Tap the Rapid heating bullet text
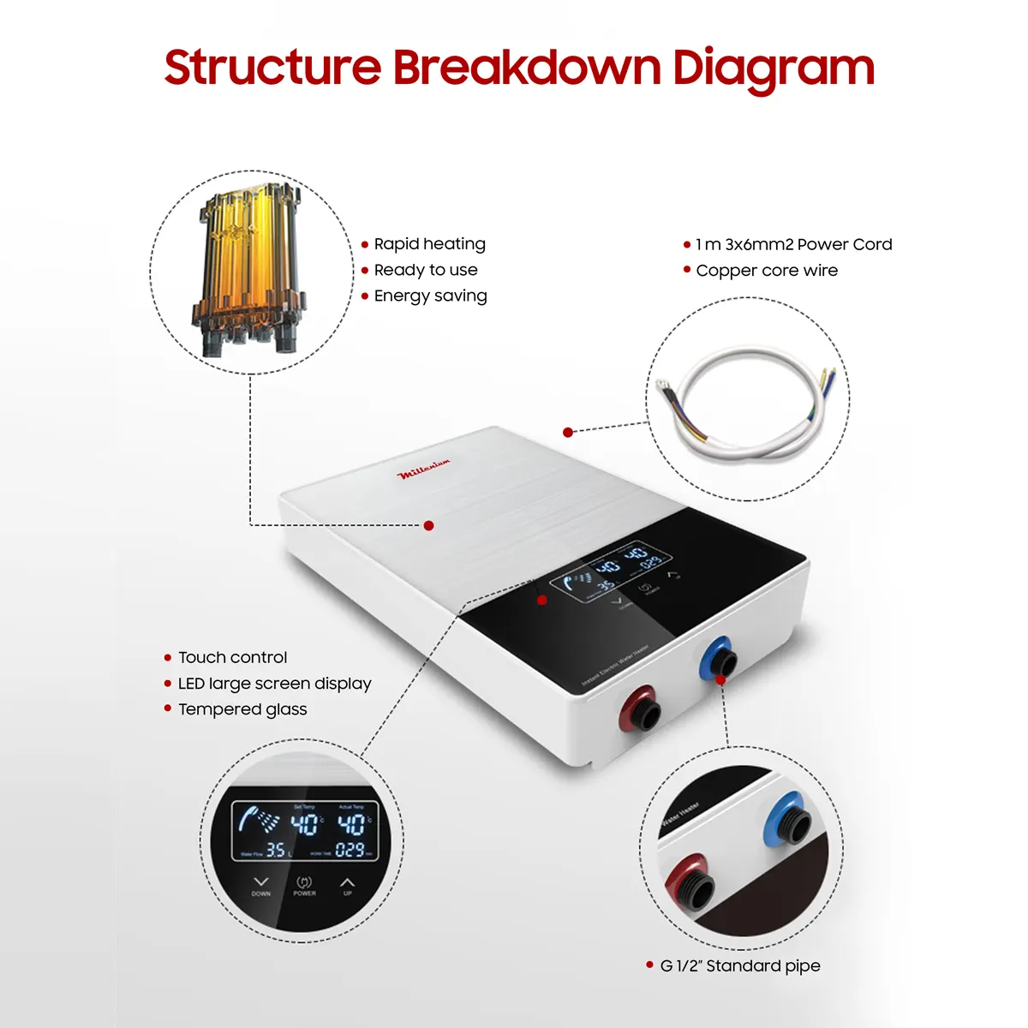(x=429, y=244)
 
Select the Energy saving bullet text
(x=430, y=296)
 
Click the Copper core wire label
(x=767, y=271)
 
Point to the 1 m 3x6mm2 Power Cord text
(x=793, y=245)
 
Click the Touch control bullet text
(x=232, y=658)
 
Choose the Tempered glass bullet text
(x=242, y=709)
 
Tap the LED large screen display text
(x=274, y=684)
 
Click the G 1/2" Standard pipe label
(x=739, y=966)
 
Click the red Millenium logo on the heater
(x=423, y=469)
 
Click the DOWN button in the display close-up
(x=261, y=885)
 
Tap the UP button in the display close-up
(x=347, y=885)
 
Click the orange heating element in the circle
(x=248, y=270)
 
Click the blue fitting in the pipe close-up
(x=786, y=821)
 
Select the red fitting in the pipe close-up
(x=692, y=882)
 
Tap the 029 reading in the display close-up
(x=350, y=850)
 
